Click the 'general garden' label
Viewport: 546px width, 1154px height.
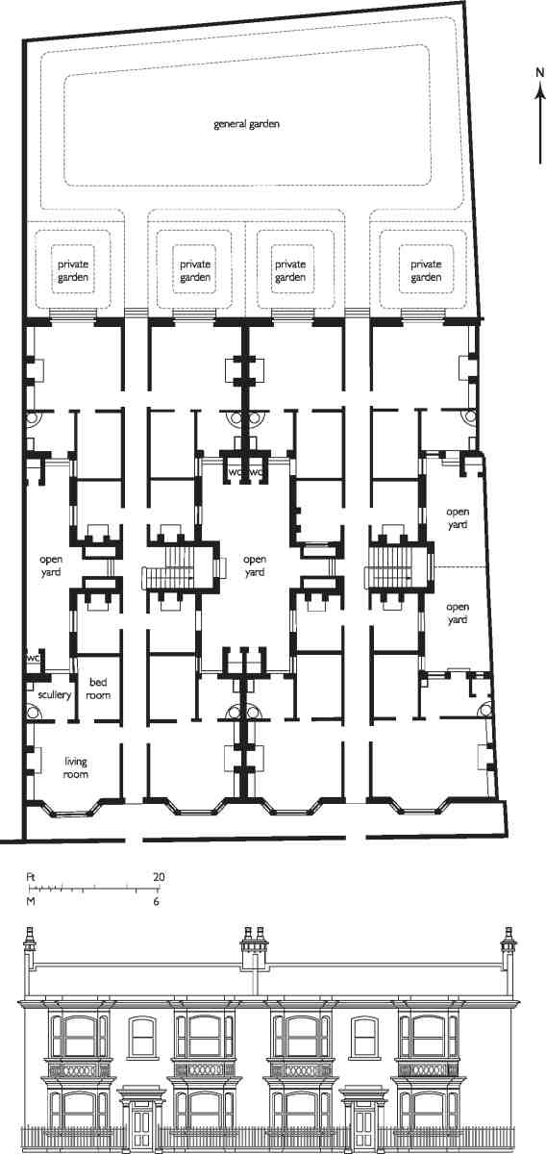[x=247, y=124]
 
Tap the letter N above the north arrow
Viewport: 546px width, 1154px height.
[x=539, y=73]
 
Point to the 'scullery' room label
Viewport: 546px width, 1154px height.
[x=55, y=694]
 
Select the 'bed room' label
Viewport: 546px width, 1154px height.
[x=98, y=689]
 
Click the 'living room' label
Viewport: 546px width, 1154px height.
[x=76, y=767]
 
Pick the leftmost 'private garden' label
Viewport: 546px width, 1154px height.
[x=73, y=270]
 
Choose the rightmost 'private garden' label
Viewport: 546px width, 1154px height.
[x=426, y=270]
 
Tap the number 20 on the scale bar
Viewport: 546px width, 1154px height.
[x=159, y=876]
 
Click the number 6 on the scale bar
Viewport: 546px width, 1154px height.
[x=156, y=902]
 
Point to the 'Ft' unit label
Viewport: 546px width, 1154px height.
[x=31, y=876]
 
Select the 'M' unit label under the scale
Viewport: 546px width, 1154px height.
[x=31, y=902]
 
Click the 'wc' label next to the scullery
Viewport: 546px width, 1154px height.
[x=34, y=659]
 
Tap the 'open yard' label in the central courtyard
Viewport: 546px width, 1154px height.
[x=255, y=565]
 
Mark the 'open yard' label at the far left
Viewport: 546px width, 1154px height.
[x=51, y=565]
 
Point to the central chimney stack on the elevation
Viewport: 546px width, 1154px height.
[x=255, y=948]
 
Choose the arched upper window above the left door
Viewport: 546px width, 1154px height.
[x=141, y=1035]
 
